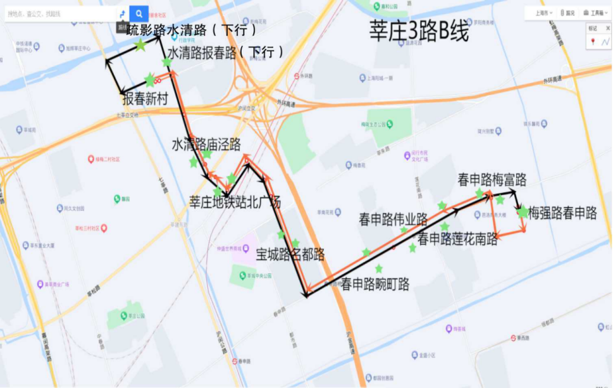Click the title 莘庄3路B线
(x=419, y=29)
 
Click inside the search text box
(x=60, y=13)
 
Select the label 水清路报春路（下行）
(x=226, y=53)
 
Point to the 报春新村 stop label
(x=145, y=99)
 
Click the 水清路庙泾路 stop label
(x=207, y=144)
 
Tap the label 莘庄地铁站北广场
(x=235, y=201)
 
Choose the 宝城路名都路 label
(x=290, y=254)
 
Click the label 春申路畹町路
(x=375, y=284)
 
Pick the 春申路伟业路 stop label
(x=393, y=220)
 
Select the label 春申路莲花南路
(x=457, y=239)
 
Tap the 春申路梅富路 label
(x=492, y=180)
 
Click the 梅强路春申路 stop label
(x=563, y=213)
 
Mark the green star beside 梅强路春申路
(x=523, y=212)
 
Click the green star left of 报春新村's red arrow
(x=150, y=80)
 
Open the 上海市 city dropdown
(x=543, y=13)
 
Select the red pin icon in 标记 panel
(x=593, y=42)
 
